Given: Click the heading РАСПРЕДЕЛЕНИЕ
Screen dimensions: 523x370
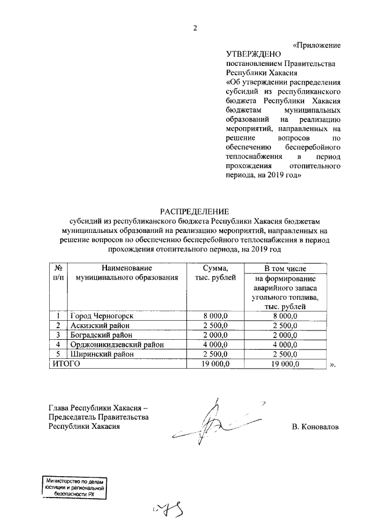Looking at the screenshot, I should pyautogui.click(x=194, y=212).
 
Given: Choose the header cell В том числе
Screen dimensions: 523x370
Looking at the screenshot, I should pyautogui.click(x=282, y=269).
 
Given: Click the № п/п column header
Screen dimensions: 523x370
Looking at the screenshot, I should pyautogui.click(x=58, y=273).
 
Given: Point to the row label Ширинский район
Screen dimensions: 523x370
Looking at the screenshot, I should pyautogui.click(x=98, y=354).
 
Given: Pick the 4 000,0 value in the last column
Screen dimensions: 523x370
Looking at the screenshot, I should pyautogui.click(x=282, y=344).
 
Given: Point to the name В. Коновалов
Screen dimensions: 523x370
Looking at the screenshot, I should pyautogui.click(x=316, y=426).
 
